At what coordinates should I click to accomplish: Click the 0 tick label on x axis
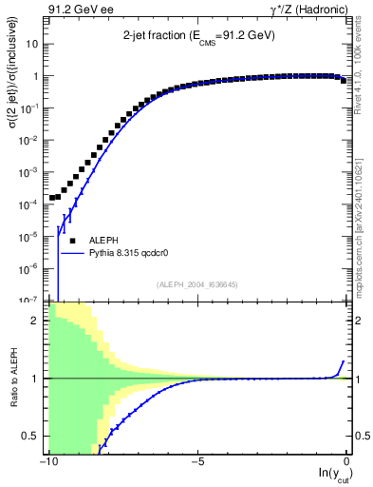347,461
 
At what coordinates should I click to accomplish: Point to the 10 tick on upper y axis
32,44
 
